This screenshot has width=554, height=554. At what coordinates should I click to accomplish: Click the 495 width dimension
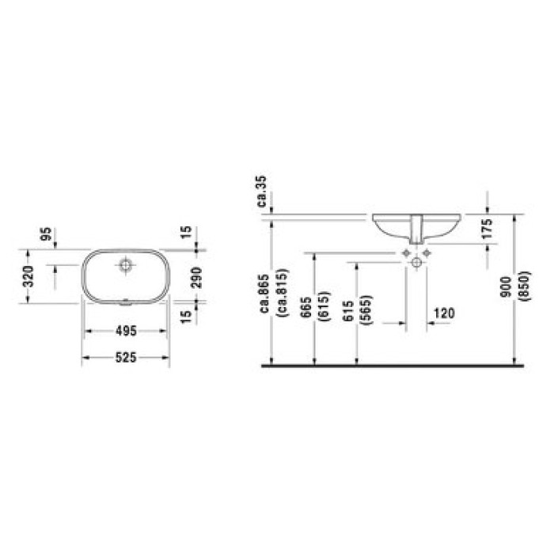(x=126, y=331)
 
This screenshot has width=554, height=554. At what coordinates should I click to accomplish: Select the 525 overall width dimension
(x=126, y=358)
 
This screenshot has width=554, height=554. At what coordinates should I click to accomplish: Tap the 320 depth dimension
(x=28, y=276)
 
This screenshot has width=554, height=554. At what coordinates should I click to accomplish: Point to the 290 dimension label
(x=196, y=277)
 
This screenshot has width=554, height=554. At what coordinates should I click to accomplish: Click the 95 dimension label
(x=46, y=234)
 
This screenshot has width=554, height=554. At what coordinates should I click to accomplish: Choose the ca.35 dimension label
(x=262, y=192)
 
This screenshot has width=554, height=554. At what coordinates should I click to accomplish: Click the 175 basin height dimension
(x=487, y=229)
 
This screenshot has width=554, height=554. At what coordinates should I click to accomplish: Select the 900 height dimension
(x=507, y=286)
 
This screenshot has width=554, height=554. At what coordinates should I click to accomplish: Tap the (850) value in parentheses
(x=526, y=286)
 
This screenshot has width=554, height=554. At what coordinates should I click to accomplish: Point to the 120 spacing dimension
(x=445, y=313)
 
